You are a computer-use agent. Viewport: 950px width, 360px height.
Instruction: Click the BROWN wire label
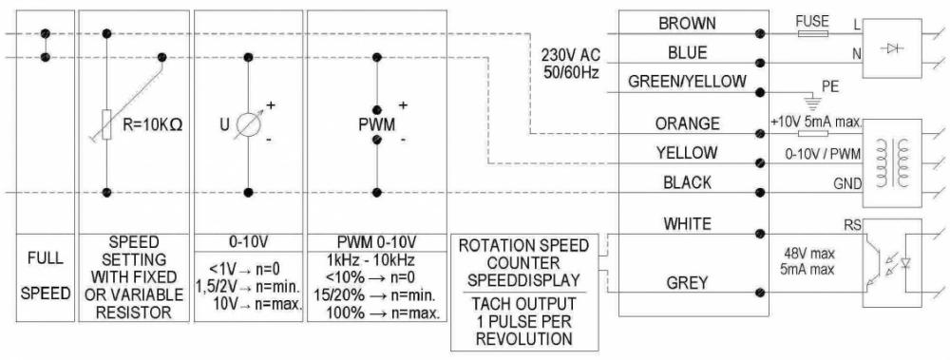click(x=687, y=23)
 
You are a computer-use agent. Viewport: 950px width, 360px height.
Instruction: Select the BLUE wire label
click(x=687, y=53)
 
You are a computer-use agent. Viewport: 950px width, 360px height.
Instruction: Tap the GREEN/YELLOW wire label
click(x=687, y=83)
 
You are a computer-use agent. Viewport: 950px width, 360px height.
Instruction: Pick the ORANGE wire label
click(x=687, y=123)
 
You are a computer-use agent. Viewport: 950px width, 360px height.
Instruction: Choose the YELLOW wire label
click(x=687, y=153)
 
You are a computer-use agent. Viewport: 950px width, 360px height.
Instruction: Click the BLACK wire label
click(x=687, y=182)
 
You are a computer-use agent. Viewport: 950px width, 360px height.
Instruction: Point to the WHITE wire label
click(x=687, y=224)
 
